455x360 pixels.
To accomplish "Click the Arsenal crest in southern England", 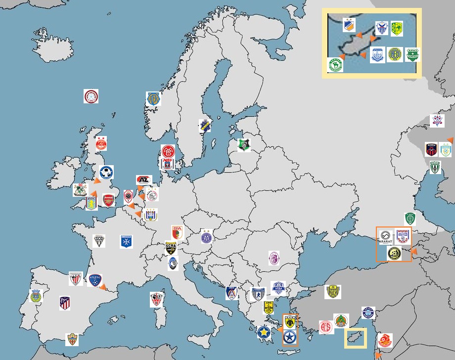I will (108, 200).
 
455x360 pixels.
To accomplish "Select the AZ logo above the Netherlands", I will (144, 180).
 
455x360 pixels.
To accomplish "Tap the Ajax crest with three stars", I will (152, 194).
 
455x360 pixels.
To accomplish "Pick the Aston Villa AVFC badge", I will (91, 203).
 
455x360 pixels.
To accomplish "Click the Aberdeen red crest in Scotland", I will (101, 143).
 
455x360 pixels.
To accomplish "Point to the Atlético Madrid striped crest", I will (65, 303).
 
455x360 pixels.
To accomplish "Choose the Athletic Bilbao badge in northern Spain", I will (76, 279).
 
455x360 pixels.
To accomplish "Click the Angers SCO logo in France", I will (100, 241).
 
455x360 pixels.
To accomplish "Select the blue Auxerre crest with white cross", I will (127, 241).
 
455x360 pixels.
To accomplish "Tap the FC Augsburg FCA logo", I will (177, 232).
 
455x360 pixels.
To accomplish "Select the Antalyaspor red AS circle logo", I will (325, 327).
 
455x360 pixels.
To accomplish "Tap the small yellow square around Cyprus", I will (356, 338).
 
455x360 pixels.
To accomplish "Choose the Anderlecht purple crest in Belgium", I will (150, 214).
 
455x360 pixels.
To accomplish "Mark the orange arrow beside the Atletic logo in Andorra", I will (103, 286).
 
